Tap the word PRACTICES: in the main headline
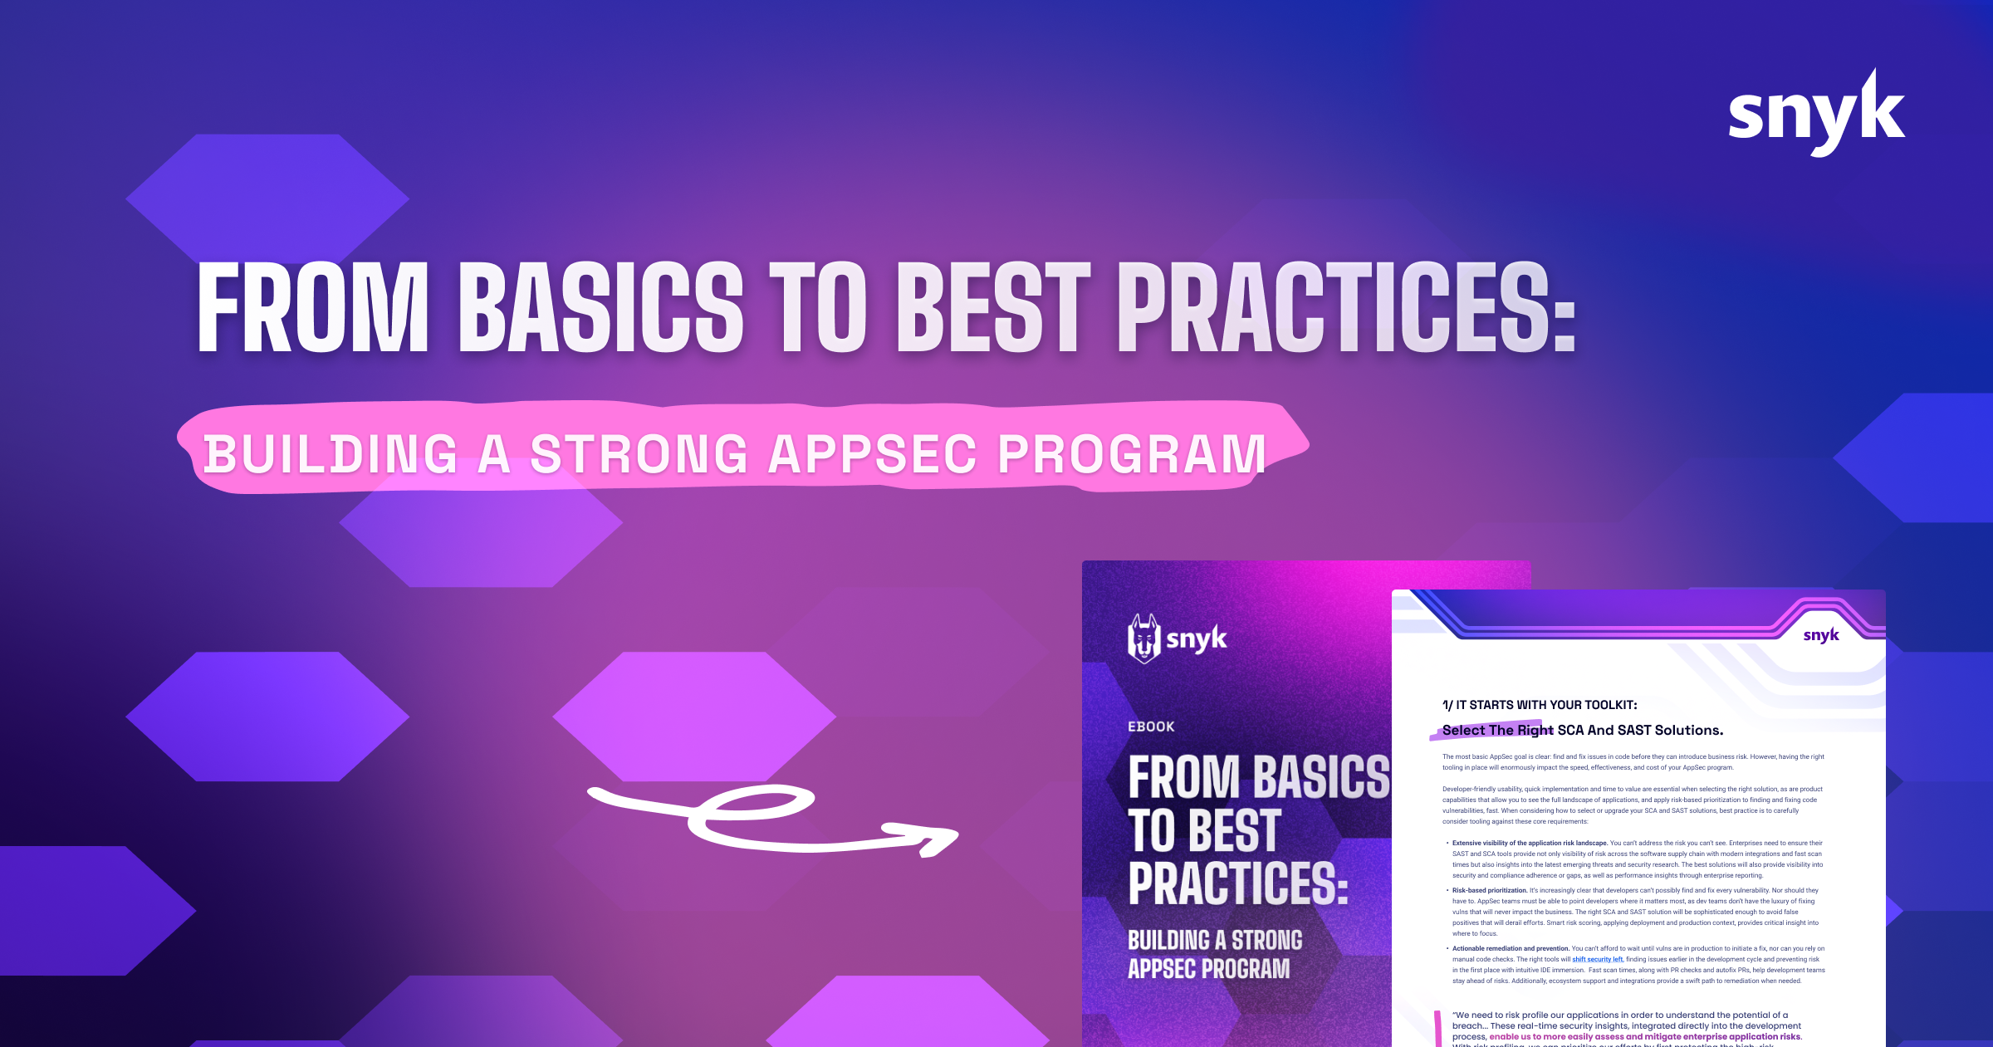click(x=1346, y=307)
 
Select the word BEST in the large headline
click(x=993, y=307)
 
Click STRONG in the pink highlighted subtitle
click(x=639, y=454)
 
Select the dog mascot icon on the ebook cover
click(x=1143, y=638)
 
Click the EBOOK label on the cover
click(x=1151, y=727)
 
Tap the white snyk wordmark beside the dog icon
click(x=1197, y=638)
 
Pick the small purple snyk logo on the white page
click(x=1821, y=635)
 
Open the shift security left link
click(x=1598, y=959)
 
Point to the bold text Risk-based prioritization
click(x=1490, y=890)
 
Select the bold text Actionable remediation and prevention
click(x=1511, y=948)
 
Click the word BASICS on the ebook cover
click(x=1324, y=778)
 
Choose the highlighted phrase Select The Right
click(x=1497, y=730)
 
